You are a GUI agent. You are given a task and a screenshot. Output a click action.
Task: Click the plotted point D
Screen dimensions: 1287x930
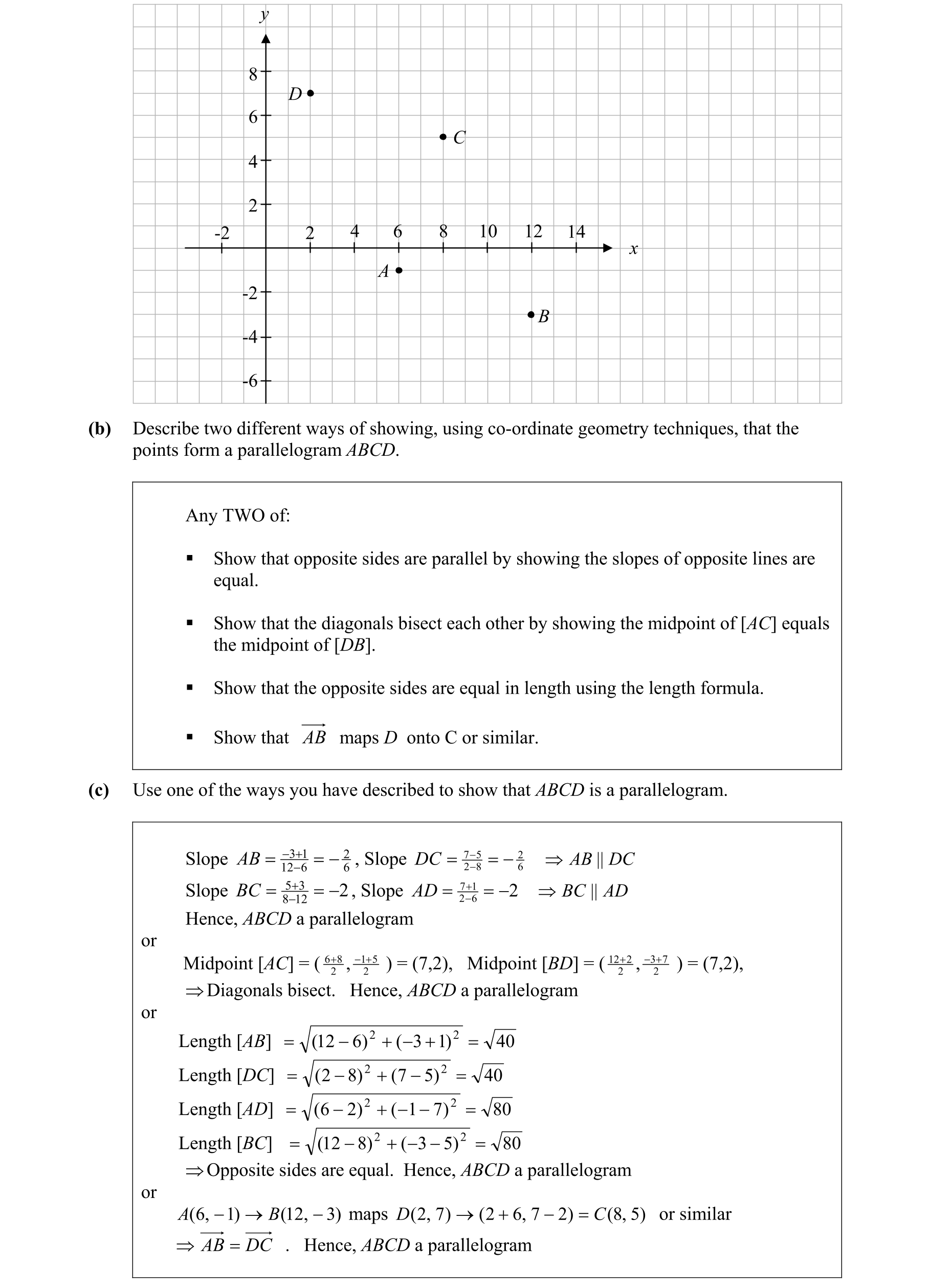(310, 93)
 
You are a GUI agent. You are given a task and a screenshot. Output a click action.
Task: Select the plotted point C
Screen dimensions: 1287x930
(442, 137)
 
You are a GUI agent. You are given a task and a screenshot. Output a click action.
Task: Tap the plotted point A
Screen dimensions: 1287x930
(399, 270)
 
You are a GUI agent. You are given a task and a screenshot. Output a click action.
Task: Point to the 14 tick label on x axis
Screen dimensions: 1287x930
(576, 232)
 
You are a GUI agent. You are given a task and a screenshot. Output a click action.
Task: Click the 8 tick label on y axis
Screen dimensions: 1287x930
(253, 74)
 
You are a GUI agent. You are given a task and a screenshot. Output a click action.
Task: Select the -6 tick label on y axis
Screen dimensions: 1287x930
(250, 381)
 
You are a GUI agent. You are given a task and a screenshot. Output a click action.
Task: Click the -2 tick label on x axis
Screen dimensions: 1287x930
(222, 233)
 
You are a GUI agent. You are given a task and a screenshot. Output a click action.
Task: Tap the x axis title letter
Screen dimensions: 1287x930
(633, 249)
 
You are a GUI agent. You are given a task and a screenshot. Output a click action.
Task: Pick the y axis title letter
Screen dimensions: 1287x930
(264, 14)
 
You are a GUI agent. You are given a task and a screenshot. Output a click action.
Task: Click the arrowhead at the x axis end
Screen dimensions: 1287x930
(607, 248)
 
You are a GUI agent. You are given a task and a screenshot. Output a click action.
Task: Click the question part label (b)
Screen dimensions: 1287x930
(99, 429)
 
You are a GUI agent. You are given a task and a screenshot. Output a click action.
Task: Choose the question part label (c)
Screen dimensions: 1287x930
(99, 790)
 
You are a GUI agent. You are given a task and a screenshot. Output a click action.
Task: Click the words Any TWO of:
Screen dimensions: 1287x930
(238, 515)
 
